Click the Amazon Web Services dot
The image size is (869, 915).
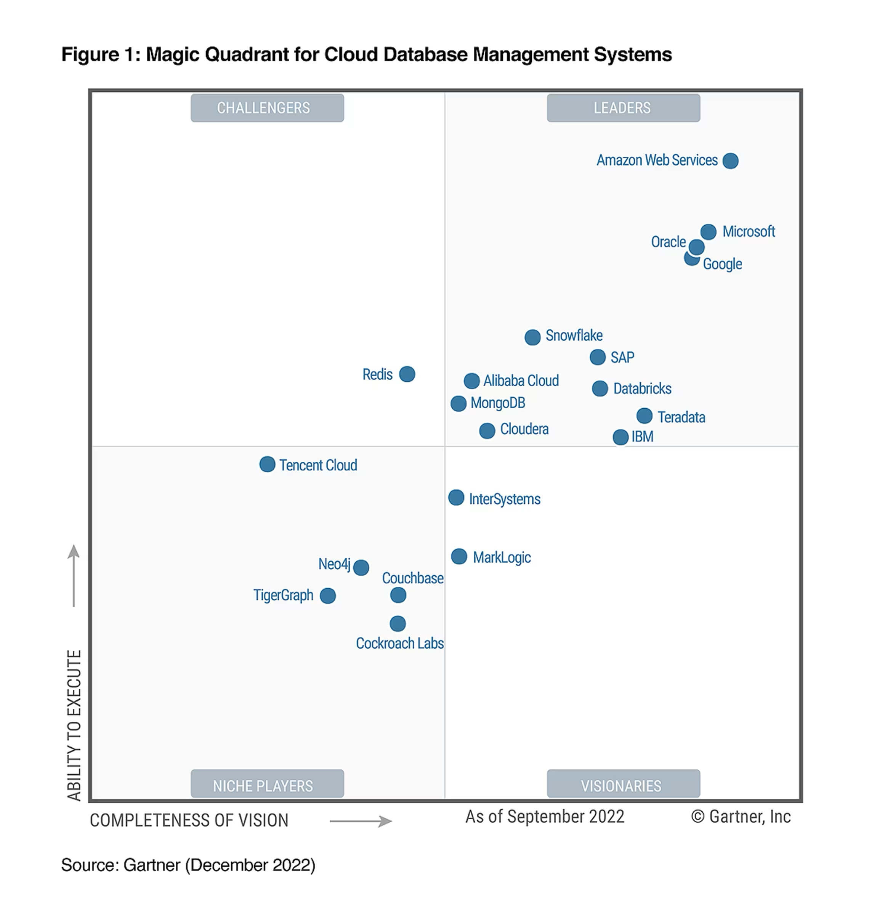(x=731, y=161)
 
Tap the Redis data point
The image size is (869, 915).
(x=407, y=374)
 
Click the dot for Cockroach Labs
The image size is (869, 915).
(x=398, y=624)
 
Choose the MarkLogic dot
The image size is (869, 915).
(x=459, y=556)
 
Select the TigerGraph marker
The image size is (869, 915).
(x=328, y=596)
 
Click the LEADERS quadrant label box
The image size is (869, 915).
(x=623, y=108)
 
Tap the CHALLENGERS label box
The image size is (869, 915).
(x=267, y=108)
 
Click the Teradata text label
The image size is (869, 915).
(x=681, y=417)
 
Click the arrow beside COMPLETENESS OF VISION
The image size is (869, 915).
(x=361, y=822)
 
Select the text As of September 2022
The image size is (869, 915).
(x=545, y=817)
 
